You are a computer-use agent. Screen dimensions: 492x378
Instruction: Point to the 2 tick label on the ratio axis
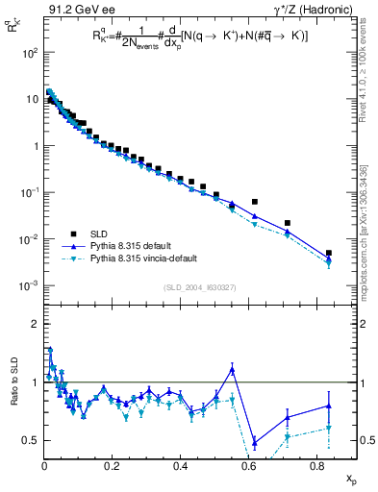click(x=34, y=324)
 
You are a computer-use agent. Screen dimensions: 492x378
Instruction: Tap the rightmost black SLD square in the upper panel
click(x=329, y=253)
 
